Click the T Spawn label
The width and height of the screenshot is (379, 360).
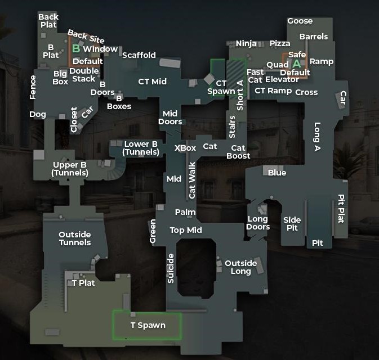click(x=148, y=325)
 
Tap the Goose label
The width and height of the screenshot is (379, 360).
click(x=300, y=21)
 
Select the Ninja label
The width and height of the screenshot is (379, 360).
click(x=246, y=44)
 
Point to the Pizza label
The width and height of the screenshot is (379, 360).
click(x=280, y=44)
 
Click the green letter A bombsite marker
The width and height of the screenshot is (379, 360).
click(x=296, y=64)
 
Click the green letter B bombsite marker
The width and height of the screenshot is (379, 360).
click(x=76, y=49)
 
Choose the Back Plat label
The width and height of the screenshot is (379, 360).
click(x=48, y=21)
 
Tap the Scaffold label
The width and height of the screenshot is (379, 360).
click(x=139, y=55)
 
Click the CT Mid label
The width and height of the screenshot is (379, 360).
click(x=153, y=82)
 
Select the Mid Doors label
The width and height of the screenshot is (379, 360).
click(x=170, y=118)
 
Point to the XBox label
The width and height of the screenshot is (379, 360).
click(x=185, y=148)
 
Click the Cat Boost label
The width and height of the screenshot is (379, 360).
click(x=238, y=152)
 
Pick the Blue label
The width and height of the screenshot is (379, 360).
click(x=277, y=173)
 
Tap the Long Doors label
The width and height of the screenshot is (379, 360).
click(x=258, y=223)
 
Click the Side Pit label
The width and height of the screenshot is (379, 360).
click(x=292, y=224)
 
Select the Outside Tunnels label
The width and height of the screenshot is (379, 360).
click(x=75, y=238)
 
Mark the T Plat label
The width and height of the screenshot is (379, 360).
click(x=83, y=283)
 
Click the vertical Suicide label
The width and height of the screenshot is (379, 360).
click(x=171, y=268)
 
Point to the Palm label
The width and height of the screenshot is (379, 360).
click(x=185, y=212)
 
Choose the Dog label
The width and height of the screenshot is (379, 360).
click(x=38, y=114)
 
